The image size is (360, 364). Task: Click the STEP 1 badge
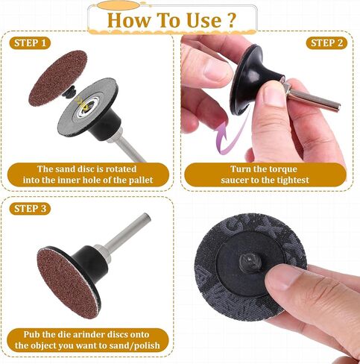[x=30, y=43]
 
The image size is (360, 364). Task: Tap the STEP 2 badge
[x=326, y=43]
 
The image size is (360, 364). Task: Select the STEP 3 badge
[x=30, y=209]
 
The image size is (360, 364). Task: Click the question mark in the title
[x=231, y=20]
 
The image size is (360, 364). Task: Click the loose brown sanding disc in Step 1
[x=58, y=78]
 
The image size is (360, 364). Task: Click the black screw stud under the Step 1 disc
[x=69, y=91]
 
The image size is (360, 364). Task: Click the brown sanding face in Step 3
[x=68, y=283]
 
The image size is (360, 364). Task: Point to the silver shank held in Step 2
[x=311, y=95]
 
